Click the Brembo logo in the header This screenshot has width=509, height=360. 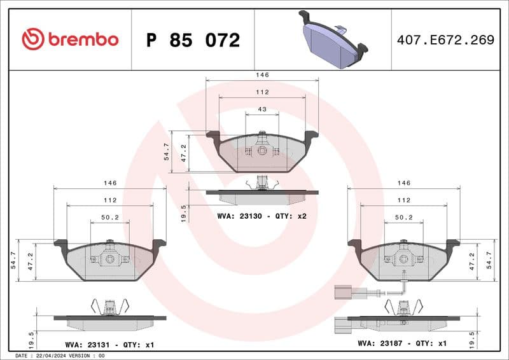coord(70,39)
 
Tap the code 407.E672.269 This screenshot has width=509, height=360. coord(445,40)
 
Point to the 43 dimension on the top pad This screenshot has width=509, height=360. coord(262,110)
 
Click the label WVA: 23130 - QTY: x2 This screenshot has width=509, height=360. coord(261,216)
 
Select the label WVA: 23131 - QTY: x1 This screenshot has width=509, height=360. coord(109,345)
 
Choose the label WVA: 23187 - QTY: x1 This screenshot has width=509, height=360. coord(403,343)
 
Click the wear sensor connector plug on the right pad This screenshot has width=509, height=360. coord(341,293)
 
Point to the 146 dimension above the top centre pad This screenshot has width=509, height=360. coord(262,75)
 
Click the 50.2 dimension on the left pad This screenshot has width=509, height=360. coord(109,218)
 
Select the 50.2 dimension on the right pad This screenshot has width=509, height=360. coord(403,218)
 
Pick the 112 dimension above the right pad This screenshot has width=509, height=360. coord(403,200)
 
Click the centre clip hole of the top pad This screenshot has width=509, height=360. coord(261,151)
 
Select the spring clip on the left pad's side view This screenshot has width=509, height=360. coord(109,307)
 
